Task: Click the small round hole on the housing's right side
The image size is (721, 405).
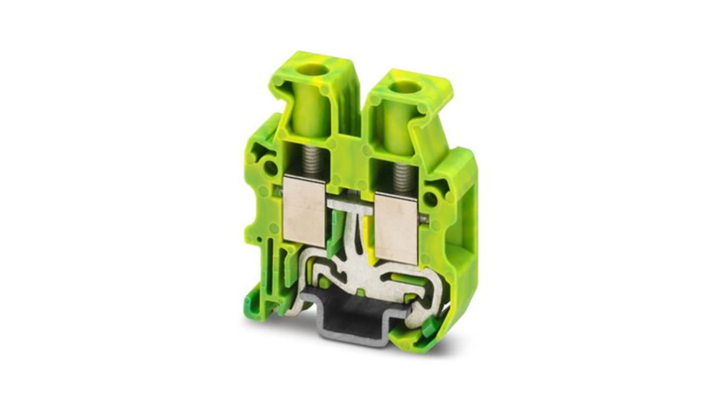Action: click(x=430, y=199)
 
